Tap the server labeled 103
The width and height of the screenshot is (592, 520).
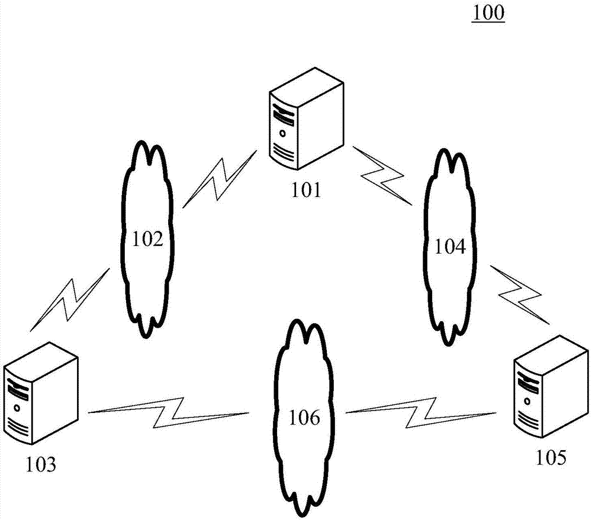40,395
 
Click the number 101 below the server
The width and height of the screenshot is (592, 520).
306,190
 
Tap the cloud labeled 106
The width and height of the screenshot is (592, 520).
304,419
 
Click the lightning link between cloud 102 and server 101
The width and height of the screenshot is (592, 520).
219,179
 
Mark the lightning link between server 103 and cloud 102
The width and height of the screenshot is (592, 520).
70,299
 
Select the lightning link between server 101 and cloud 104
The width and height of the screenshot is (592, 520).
382,176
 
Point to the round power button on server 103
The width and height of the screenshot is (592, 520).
17,408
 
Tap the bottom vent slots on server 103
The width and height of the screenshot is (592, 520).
18,429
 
